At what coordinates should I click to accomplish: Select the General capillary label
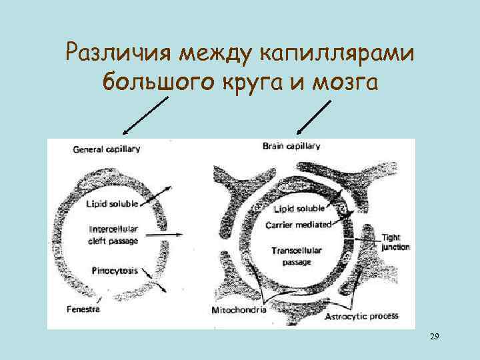coord(107,149)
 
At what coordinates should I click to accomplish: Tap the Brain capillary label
coord(291,145)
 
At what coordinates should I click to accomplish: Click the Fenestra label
coord(84,309)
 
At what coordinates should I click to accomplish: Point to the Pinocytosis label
coord(113,270)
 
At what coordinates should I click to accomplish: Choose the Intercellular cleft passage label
coord(113,235)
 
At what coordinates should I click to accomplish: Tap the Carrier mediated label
coord(298,225)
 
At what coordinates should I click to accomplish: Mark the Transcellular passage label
coord(297,255)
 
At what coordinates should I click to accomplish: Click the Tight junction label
coord(396,242)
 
